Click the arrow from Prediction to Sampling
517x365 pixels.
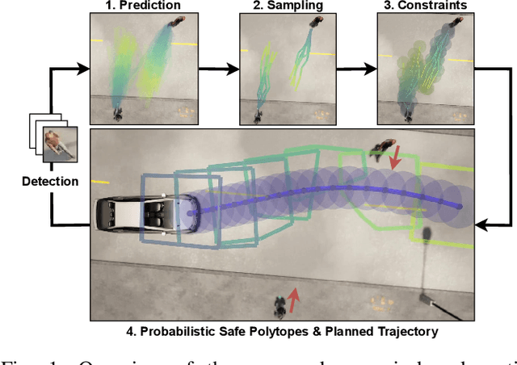[219, 68]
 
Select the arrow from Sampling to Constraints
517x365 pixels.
[357, 68]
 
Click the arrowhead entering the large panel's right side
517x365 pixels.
[482, 219]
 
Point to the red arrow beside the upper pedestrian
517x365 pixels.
[395, 162]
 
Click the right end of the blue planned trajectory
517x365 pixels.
[460, 208]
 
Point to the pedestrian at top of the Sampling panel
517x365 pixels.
[310, 25]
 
